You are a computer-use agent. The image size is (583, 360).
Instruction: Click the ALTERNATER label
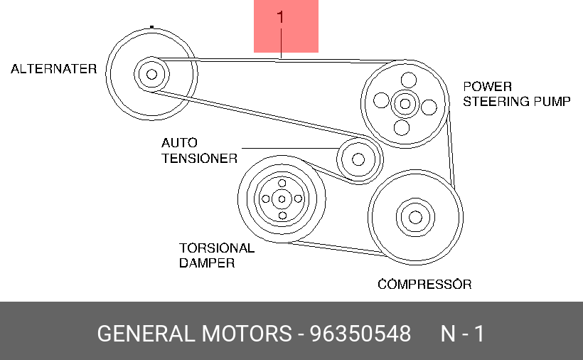point(54,69)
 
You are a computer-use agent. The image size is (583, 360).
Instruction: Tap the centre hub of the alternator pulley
point(151,75)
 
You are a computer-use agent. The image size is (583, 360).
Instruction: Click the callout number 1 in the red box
point(280,17)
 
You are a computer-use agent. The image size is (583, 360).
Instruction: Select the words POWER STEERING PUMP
point(517,94)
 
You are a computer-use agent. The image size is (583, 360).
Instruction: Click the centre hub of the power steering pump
point(405,103)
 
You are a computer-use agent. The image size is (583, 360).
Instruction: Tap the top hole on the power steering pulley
point(409,80)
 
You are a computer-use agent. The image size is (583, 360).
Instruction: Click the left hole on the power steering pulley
point(381,100)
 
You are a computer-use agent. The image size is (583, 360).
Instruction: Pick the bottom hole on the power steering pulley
point(402,127)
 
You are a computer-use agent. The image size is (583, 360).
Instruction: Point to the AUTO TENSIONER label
point(199,151)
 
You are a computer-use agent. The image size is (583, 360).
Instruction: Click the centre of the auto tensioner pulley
point(358,159)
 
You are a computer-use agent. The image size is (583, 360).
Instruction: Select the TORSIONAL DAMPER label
point(217,255)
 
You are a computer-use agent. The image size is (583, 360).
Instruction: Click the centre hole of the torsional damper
point(282,199)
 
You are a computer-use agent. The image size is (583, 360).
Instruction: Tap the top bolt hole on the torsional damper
point(282,183)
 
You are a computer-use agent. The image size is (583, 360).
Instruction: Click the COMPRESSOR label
point(424,285)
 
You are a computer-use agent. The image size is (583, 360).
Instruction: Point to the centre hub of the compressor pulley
point(415,217)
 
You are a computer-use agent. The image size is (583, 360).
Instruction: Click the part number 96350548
point(360,334)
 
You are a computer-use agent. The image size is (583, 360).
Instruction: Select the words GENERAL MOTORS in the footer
point(195,334)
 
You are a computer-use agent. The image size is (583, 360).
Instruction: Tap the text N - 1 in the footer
point(463,334)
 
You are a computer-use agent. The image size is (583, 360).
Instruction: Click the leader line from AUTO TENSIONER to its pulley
point(290,149)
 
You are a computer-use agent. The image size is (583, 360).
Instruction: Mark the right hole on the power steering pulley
point(429,107)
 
